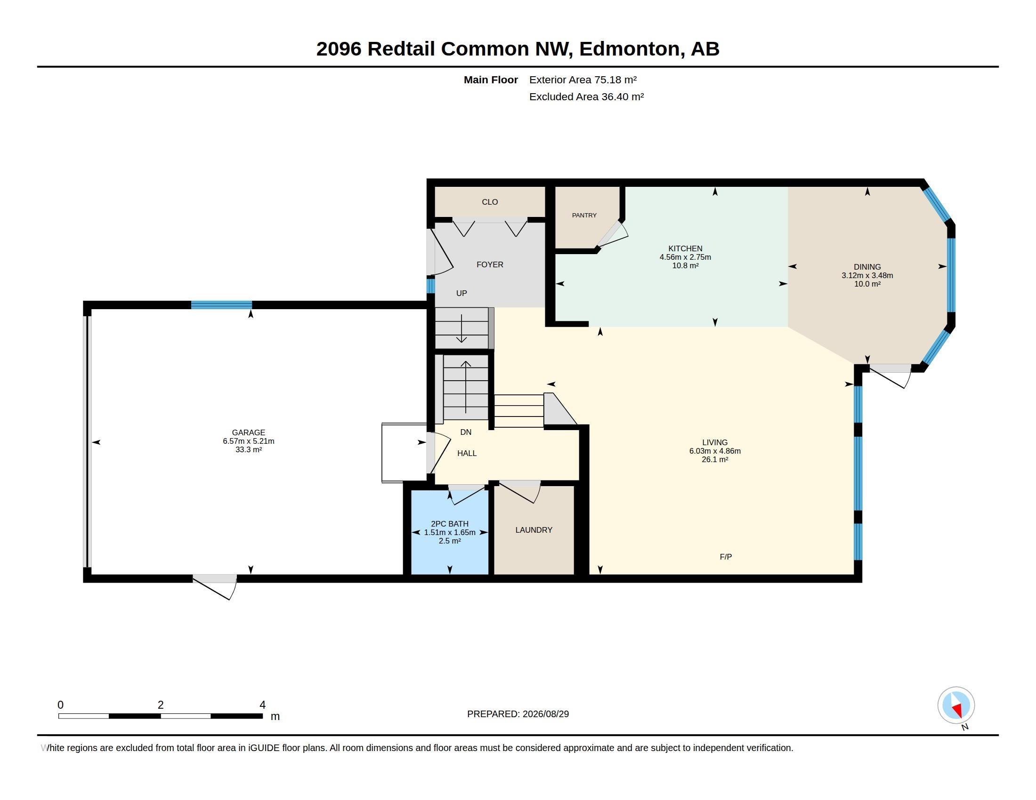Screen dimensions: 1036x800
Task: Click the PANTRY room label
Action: point(584,215)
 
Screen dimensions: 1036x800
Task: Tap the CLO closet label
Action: point(490,202)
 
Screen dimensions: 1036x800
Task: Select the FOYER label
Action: point(490,264)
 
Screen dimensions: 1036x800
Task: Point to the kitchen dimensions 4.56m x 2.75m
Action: point(685,257)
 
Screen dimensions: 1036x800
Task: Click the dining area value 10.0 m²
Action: point(867,284)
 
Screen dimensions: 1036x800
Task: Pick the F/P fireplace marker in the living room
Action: point(725,556)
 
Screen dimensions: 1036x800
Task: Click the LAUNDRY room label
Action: point(534,530)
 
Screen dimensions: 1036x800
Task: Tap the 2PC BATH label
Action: point(449,524)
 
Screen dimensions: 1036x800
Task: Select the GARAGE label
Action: point(248,432)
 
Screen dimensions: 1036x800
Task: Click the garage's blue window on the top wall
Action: point(221,305)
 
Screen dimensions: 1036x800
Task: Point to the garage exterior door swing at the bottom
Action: point(214,587)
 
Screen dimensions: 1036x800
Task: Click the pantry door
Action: point(612,234)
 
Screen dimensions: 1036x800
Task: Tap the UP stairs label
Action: point(461,293)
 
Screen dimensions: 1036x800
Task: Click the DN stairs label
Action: point(465,432)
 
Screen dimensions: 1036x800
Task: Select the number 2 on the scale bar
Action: point(160,705)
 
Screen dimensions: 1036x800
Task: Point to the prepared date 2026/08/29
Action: point(545,714)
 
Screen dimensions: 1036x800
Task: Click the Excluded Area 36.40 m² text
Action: point(586,96)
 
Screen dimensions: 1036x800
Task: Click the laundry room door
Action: point(520,491)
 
